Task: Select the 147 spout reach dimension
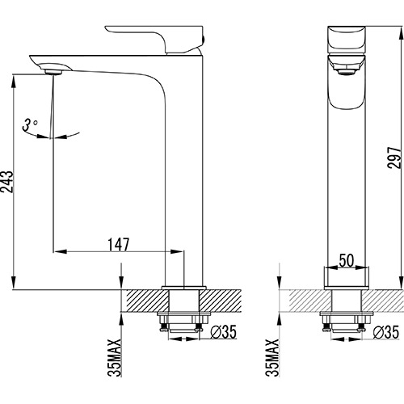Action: click(119, 243)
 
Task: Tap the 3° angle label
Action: click(30, 124)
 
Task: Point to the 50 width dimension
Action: click(345, 260)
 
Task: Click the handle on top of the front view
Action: click(345, 37)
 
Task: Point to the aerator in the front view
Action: click(345, 71)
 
